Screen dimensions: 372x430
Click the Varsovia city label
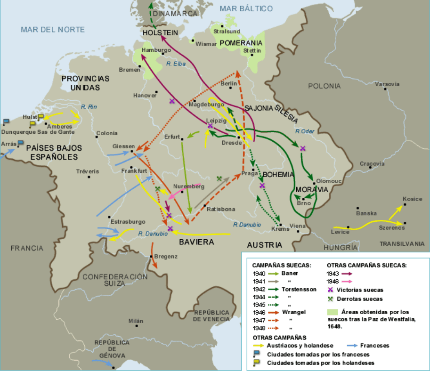point(387,84)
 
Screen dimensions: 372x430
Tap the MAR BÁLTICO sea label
point(246,8)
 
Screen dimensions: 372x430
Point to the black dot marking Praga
point(253,169)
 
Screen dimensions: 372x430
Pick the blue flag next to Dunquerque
point(6,121)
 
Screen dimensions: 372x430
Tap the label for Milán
point(136,321)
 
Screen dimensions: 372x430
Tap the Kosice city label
point(412,199)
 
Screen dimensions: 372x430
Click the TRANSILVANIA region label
point(402,243)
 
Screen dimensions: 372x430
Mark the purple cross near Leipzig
point(210,126)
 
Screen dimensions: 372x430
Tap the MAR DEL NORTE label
point(53,30)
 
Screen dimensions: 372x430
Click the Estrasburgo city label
point(128,221)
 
